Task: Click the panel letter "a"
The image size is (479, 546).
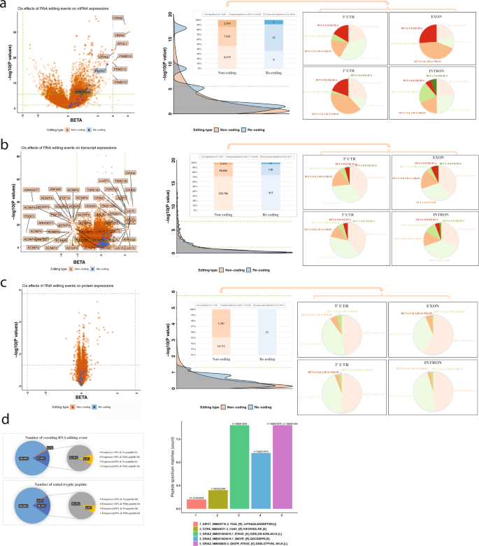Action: (x=5, y=5)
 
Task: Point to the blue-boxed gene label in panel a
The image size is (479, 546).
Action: (x=100, y=71)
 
